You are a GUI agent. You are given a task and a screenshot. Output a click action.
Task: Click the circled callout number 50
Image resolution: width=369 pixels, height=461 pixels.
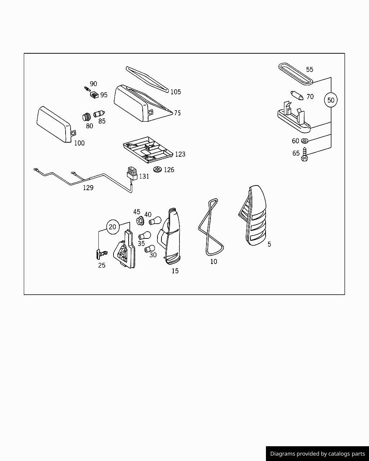(330, 100)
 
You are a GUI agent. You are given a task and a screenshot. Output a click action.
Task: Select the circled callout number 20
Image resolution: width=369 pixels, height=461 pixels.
(112, 227)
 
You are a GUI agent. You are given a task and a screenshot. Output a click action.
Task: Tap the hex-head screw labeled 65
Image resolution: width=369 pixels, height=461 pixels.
(304, 154)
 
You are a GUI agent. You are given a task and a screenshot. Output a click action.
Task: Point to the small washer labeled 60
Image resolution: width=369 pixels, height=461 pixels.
(304, 141)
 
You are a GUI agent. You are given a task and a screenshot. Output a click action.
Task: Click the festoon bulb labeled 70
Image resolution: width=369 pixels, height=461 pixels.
(297, 95)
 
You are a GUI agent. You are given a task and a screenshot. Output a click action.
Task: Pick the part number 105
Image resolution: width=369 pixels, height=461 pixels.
(175, 92)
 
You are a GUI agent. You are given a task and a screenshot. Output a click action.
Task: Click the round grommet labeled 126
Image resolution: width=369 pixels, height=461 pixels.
(157, 169)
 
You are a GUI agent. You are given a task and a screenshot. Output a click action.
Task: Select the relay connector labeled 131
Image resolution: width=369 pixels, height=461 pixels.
(132, 174)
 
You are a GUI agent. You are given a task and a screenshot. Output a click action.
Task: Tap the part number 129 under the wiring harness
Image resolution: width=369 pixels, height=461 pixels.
(88, 188)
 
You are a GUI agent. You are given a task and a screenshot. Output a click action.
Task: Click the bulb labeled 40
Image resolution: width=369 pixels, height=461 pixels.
(155, 220)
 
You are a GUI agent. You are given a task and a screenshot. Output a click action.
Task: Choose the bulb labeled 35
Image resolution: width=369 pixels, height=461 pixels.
(145, 236)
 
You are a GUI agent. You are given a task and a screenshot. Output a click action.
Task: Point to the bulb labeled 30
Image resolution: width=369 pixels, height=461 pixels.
(150, 249)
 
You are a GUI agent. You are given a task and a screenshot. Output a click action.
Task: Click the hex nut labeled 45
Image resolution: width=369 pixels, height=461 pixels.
(140, 220)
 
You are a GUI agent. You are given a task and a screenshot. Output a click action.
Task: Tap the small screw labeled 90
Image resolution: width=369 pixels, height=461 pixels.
(88, 89)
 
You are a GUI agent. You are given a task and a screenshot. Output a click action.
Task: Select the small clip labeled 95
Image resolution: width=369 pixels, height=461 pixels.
(94, 94)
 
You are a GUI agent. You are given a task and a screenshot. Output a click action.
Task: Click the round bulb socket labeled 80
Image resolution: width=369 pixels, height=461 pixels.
(86, 117)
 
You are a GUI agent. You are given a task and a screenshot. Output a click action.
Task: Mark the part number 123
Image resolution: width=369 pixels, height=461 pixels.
(180, 154)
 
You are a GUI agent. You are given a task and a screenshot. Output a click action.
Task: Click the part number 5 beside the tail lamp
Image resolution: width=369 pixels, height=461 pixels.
(269, 244)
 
